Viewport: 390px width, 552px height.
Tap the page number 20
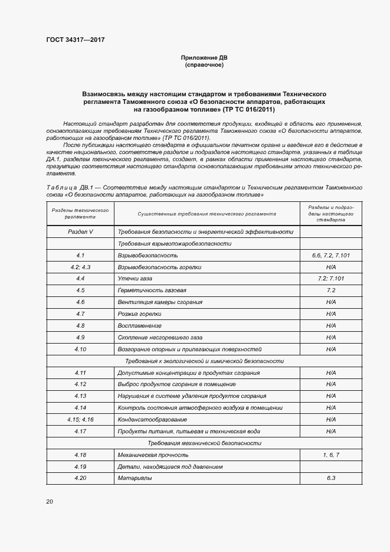pyautogui.click(x=50, y=501)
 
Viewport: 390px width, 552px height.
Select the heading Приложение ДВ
pyautogui.click(x=204, y=57)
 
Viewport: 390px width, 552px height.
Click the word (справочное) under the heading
pyautogui.click(x=204, y=65)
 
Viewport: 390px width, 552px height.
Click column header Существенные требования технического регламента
pyautogui.click(x=207, y=214)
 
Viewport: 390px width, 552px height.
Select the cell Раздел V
pyautogui.click(x=80, y=232)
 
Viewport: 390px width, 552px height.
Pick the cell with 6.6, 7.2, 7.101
pyautogui.click(x=330, y=255)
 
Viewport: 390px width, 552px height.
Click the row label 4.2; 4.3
pyautogui.click(x=80, y=267)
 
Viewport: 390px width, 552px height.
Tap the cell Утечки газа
pyautogui.click(x=136, y=279)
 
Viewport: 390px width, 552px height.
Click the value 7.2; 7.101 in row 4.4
pyautogui.click(x=330, y=279)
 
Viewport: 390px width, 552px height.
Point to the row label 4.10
pyautogui.click(x=80, y=349)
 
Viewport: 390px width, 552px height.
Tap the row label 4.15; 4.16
pyautogui.click(x=80, y=419)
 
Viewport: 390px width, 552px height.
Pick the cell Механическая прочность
pyautogui.click(x=153, y=455)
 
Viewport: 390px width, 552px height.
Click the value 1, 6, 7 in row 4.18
pyautogui.click(x=330, y=455)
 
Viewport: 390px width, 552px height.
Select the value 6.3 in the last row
pyautogui.click(x=330, y=478)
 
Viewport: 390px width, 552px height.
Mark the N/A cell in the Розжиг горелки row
pyautogui.click(x=330, y=314)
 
